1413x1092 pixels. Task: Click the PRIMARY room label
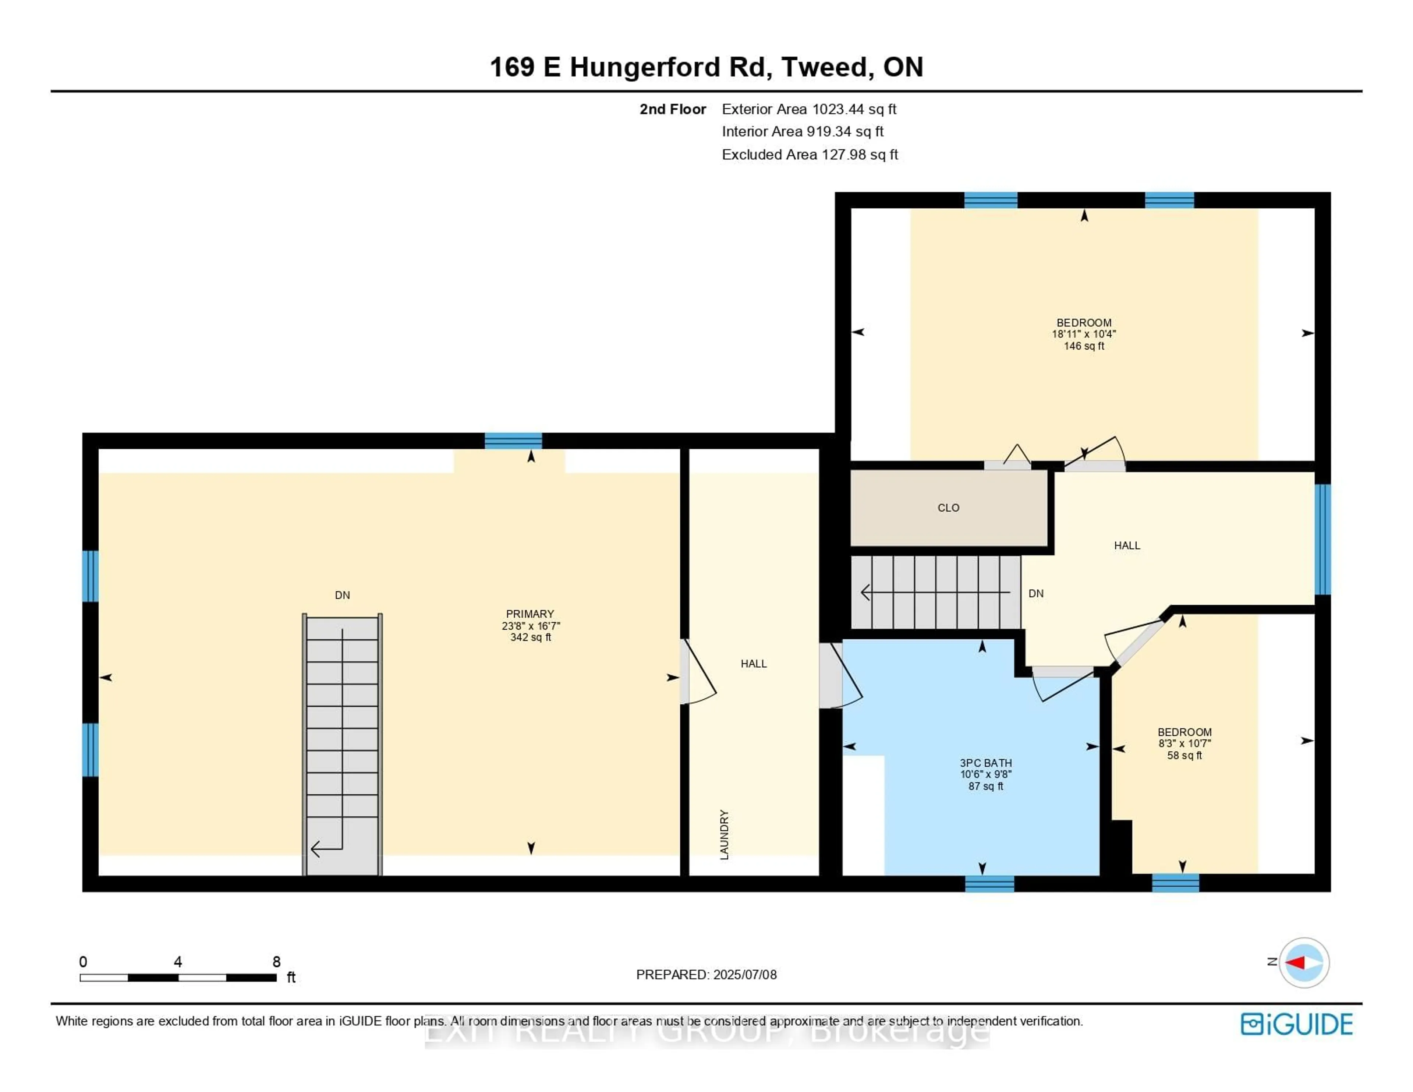[x=530, y=614]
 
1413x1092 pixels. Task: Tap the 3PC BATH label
[x=985, y=763]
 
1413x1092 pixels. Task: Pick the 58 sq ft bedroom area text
[x=1184, y=755]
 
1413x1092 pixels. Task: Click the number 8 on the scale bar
[x=276, y=962]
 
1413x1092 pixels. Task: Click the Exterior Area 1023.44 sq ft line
[x=809, y=109]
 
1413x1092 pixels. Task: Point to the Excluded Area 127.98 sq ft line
[x=810, y=155]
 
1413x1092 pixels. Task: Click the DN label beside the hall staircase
[x=1036, y=594]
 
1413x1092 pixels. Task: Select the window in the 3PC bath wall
[x=989, y=884]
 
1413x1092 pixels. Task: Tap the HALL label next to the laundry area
[x=753, y=664]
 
